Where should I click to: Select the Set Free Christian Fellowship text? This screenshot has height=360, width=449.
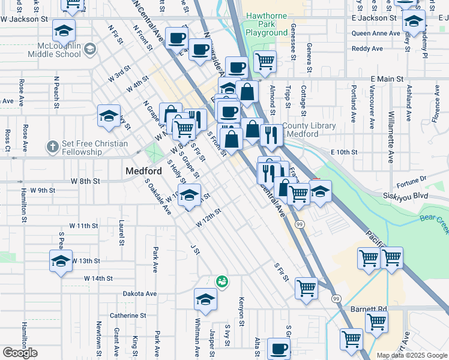point(94,148)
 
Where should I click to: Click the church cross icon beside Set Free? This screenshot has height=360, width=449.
point(52,146)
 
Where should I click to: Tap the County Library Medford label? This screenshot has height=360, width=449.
point(300,130)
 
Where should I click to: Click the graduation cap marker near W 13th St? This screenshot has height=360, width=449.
point(61,261)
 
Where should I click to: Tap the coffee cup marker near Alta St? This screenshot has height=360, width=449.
point(278,349)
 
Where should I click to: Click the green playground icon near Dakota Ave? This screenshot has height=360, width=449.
point(221,280)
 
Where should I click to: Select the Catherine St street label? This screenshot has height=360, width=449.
point(127,315)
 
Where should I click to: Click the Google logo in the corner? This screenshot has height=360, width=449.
point(20,353)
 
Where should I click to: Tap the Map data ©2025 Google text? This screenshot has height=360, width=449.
point(412,355)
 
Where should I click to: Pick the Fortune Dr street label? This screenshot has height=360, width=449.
point(411,178)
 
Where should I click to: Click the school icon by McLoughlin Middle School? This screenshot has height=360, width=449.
point(91,49)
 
